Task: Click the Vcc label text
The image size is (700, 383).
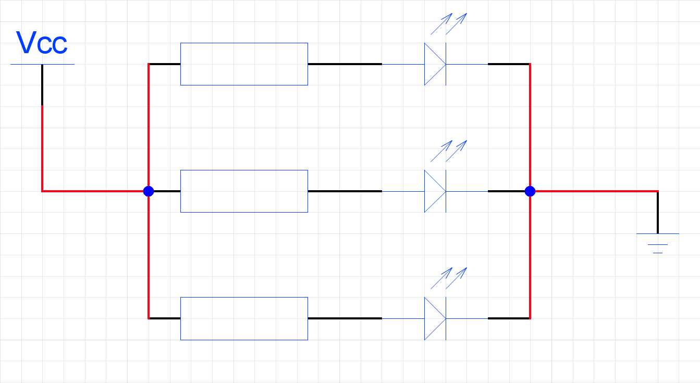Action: pos(42,43)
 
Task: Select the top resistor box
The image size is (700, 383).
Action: pos(244,64)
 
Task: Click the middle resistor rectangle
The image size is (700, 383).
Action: pos(244,191)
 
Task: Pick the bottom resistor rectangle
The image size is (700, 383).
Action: pos(244,318)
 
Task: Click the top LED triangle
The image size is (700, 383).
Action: pos(434,64)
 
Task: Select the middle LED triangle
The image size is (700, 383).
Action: pos(434,191)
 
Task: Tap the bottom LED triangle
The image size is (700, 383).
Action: pos(434,318)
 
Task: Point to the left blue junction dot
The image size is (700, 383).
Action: pos(149,191)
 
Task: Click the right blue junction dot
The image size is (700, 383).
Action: pos(530,191)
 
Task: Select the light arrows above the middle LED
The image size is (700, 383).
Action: pos(449,151)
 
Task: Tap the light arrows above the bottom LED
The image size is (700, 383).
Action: pos(449,278)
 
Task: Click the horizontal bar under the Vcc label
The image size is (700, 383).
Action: pos(42,64)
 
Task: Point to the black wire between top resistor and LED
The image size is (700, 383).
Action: pos(345,64)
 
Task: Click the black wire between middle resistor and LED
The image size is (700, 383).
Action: pos(345,191)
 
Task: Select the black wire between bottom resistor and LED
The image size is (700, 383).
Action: pos(345,318)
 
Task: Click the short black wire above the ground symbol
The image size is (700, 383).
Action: pos(658,213)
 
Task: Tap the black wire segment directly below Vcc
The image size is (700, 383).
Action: pos(42,85)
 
